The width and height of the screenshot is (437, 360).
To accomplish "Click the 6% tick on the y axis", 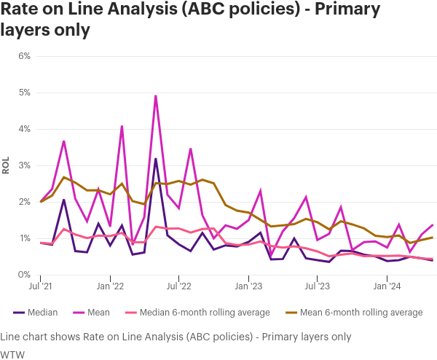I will pos(24,56).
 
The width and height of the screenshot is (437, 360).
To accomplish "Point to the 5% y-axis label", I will pos(24,93).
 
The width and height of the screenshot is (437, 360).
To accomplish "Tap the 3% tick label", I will pos(24,165).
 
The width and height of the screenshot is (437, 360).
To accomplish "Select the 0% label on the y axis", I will pos(24,275).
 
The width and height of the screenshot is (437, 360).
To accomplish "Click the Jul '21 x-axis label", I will pos(41,286).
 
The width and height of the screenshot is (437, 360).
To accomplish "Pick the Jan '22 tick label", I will pos(110,286).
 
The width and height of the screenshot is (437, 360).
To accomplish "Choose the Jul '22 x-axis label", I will pos(179,286).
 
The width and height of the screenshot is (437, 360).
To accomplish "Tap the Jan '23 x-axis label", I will pos(249,286).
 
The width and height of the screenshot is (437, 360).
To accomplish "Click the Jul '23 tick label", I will pos(318,286).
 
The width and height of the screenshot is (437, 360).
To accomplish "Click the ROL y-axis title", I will pos(6,165).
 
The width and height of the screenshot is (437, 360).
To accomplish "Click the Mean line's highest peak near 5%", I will pos(156,95).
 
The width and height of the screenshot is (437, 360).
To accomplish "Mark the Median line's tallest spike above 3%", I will pos(156,158).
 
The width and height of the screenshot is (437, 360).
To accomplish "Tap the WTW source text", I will pos(11,353).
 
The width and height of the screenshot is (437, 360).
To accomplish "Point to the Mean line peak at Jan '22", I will pos(122,126).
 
